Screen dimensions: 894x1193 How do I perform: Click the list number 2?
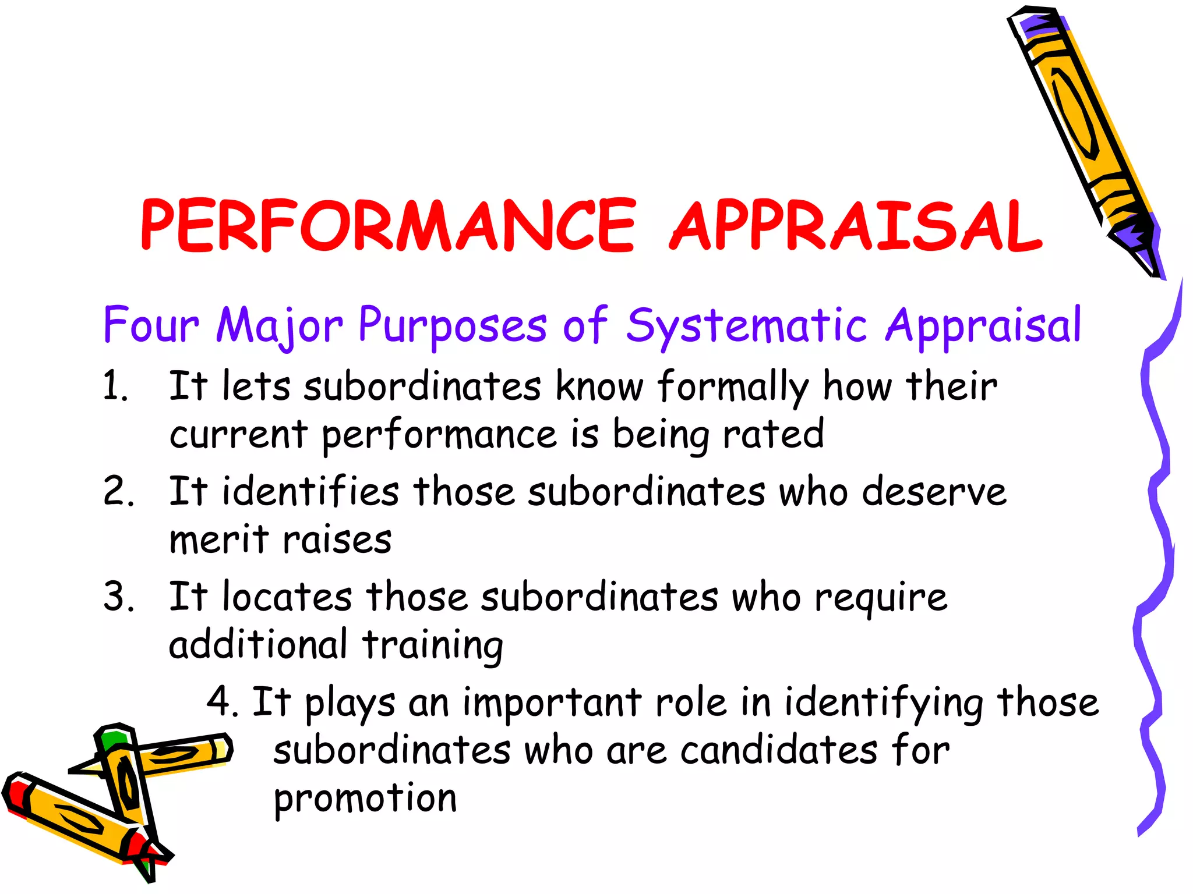click(118, 492)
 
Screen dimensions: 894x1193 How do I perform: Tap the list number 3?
click(118, 597)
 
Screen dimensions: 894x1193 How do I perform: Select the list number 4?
click(221, 703)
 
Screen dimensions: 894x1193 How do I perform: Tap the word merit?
click(219, 540)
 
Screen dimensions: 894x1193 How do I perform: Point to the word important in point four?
click(552, 703)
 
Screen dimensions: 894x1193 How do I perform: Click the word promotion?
click(365, 799)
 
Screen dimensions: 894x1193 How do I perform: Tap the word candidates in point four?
click(779, 750)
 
